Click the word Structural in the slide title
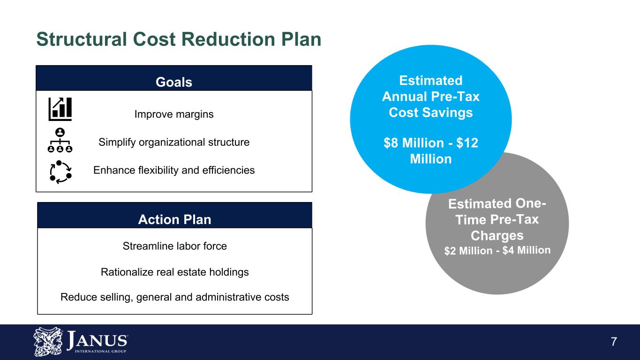(x=82, y=39)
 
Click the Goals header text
(x=173, y=82)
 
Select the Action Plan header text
(x=174, y=219)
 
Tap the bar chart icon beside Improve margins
(x=60, y=109)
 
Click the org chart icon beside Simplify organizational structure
(x=60, y=140)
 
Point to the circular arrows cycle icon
(x=60, y=172)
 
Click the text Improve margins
(x=174, y=114)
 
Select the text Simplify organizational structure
(x=174, y=142)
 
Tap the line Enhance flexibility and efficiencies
(x=174, y=170)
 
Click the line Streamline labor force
(x=174, y=246)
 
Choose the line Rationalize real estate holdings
(x=174, y=272)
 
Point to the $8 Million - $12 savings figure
(x=431, y=143)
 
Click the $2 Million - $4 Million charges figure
(x=497, y=251)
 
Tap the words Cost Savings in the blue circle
(x=431, y=112)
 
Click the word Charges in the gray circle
(x=497, y=236)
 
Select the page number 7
(x=614, y=342)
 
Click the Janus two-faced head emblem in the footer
(x=48, y=342)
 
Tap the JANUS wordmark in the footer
(x=97, y=340)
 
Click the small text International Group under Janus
(x=100, y=352)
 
